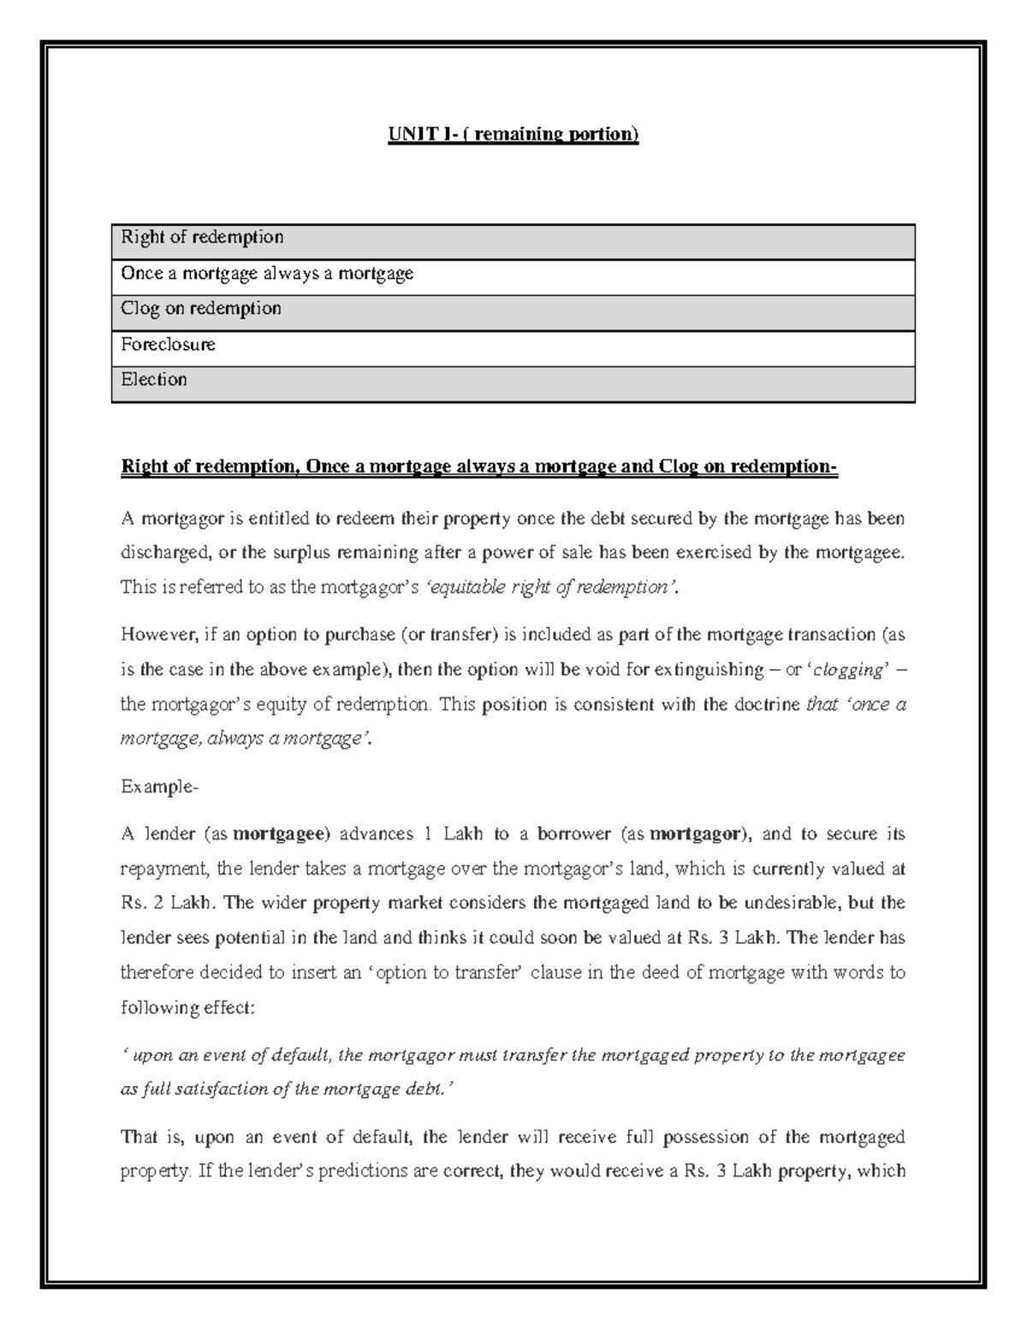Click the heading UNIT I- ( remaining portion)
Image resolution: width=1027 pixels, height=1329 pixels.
coord(513,134)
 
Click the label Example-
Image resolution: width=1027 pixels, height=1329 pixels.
coord(159,786)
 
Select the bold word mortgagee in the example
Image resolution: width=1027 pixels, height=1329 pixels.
coord(282,834)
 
